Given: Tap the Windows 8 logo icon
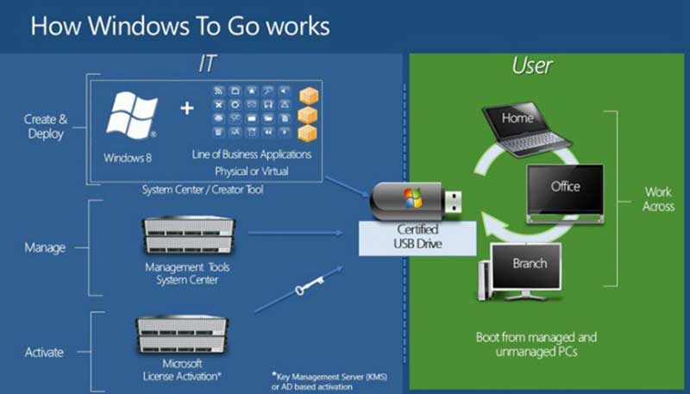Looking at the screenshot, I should point(131,116).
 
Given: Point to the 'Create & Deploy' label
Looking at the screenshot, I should point(45,127).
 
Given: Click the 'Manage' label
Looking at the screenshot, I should point(44,247).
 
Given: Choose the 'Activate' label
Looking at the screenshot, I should point(44,352).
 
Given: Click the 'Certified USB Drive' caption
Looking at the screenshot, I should point(417,236).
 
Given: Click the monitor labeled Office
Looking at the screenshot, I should point(565,189).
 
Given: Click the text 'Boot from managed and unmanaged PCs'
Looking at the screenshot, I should point(536,344).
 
